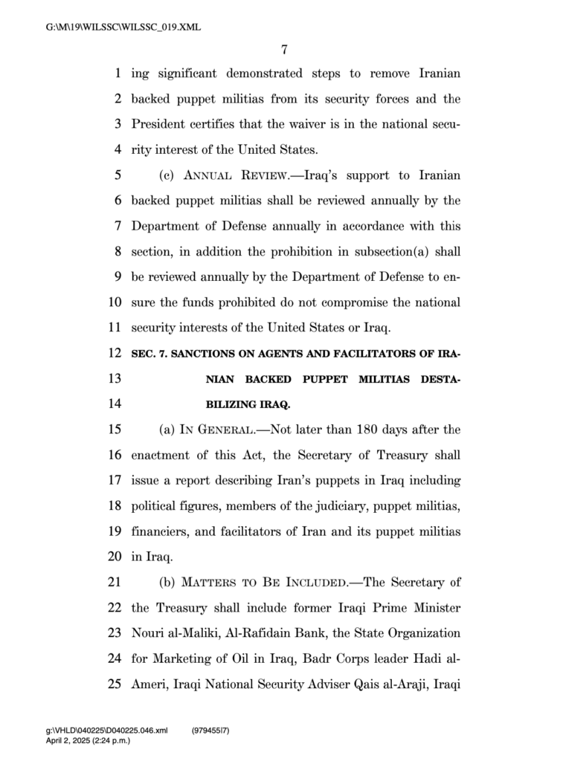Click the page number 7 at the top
coord(284,50)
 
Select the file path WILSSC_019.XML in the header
coord(123,28)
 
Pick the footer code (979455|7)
coord(210,732)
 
